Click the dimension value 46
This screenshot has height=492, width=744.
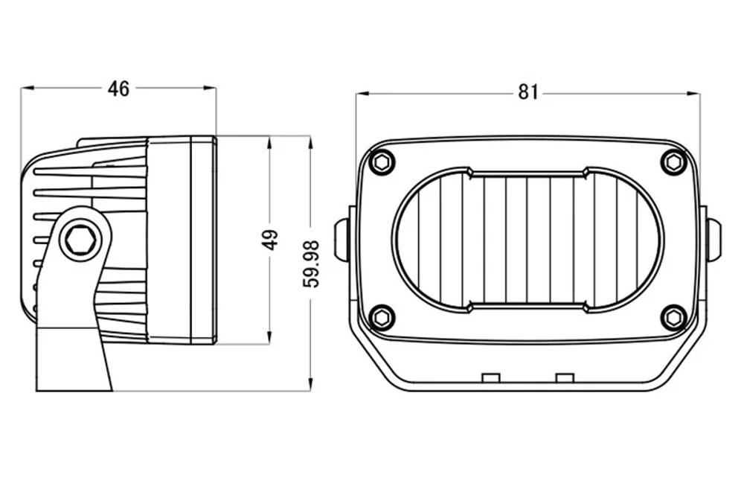pyautogui.click(x=118, y=89)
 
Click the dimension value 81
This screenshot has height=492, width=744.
pyautogui.click(x=527, y=92)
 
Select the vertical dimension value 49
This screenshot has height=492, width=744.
pyautogui.click(x=271, y=240)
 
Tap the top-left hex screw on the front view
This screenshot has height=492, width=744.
pyautogui.click(x=382, y=162)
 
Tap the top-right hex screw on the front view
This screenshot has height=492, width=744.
pyautogui.click(x=673, y=162)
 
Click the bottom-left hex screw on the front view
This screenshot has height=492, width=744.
pyautogui.click(x=382, y=316)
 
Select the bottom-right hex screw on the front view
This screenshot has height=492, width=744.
pyautogui.click(x=673, y=316)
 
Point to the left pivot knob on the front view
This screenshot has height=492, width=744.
pyautogui.click(x=342, y=239)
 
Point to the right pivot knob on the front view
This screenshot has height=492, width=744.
pyautogui.click(x=713, y=239)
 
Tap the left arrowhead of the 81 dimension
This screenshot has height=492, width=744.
pyautogui.click(x=362, y=94)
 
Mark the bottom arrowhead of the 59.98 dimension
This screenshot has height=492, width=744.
pyautogui.click(x=310, y=386)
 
